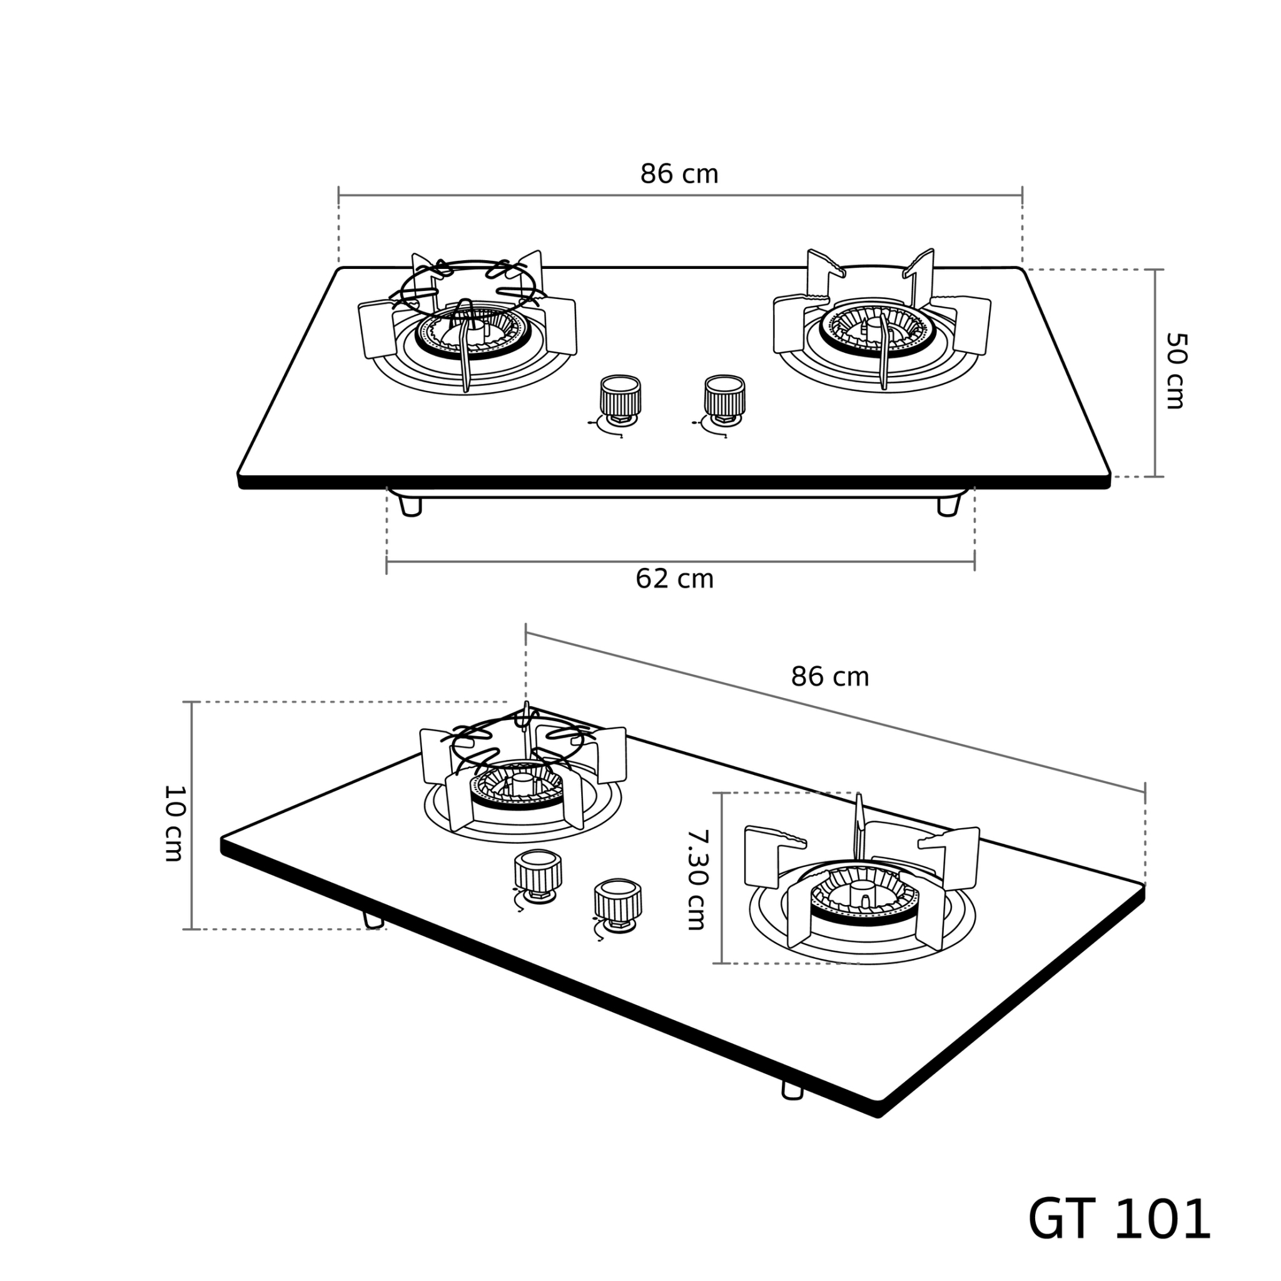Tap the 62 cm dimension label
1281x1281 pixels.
click(x=674, y=579)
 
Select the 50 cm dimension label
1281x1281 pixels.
click(x=1175, y=371)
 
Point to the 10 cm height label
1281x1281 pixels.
click(x=174, y=824)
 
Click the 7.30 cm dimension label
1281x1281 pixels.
click(x=696, y=879)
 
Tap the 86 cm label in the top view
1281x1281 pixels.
click(x=679, y=175)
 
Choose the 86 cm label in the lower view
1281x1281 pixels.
click(x=829, y=677)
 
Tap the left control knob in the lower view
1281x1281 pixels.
click(x=539, y=876)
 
